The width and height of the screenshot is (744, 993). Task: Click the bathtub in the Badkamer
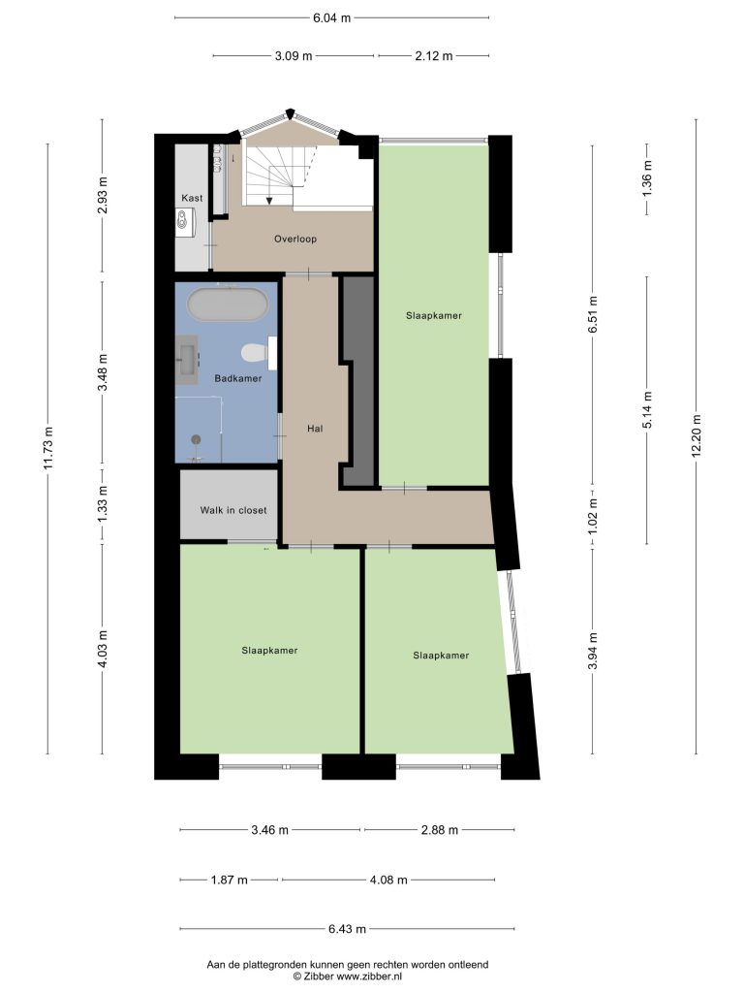point(227,304)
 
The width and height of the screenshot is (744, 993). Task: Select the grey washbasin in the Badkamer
point(187,360)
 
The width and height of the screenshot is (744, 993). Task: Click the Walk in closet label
point(233,510)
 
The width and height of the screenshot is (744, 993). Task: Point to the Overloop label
point(295,239)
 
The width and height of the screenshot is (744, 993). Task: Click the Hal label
point(315,429)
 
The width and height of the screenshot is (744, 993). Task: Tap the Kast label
point(193,198)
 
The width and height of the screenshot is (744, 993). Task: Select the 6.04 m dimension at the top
point(331,17)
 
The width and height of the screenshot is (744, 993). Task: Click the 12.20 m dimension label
point(697,435)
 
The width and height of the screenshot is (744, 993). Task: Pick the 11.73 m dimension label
point(47,448)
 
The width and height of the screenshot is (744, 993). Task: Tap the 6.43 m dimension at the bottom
point(347,929)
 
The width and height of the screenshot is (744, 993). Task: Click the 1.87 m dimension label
point(229,880)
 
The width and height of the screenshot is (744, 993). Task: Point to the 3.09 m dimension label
point(294,55)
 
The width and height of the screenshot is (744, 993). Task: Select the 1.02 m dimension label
point(593,516)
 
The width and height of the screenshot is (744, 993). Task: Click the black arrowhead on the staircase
point(269,201)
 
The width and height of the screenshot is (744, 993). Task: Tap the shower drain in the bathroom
point(196,438)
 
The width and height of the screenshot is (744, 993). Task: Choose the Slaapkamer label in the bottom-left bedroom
point(269,651)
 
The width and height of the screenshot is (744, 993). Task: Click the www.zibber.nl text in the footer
point(369,977)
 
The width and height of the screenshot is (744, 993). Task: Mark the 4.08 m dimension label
point(388,880)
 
